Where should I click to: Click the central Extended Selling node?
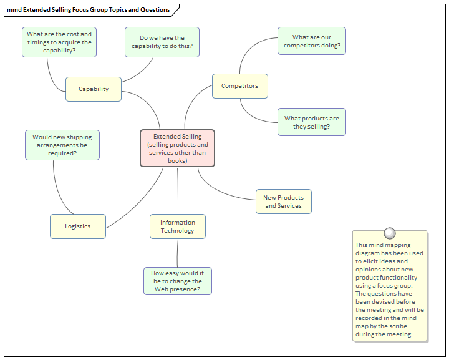(178, 148)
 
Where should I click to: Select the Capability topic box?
(94, 89)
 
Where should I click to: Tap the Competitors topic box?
(240, 86)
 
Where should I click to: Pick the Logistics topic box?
(78, 226)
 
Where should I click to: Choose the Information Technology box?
(178, 226)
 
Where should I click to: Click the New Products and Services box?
(284, 202)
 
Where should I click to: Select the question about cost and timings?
(59, 42)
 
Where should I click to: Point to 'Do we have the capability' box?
(162, 42)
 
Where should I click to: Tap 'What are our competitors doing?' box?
(312, 41)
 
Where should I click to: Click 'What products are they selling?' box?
(312, 122)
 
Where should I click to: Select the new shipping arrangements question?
(62, 145)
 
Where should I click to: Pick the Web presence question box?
(178, 281)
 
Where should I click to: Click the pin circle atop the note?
(390, 233)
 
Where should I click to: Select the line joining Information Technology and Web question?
(178, 253)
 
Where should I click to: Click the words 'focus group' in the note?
(397, 286)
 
